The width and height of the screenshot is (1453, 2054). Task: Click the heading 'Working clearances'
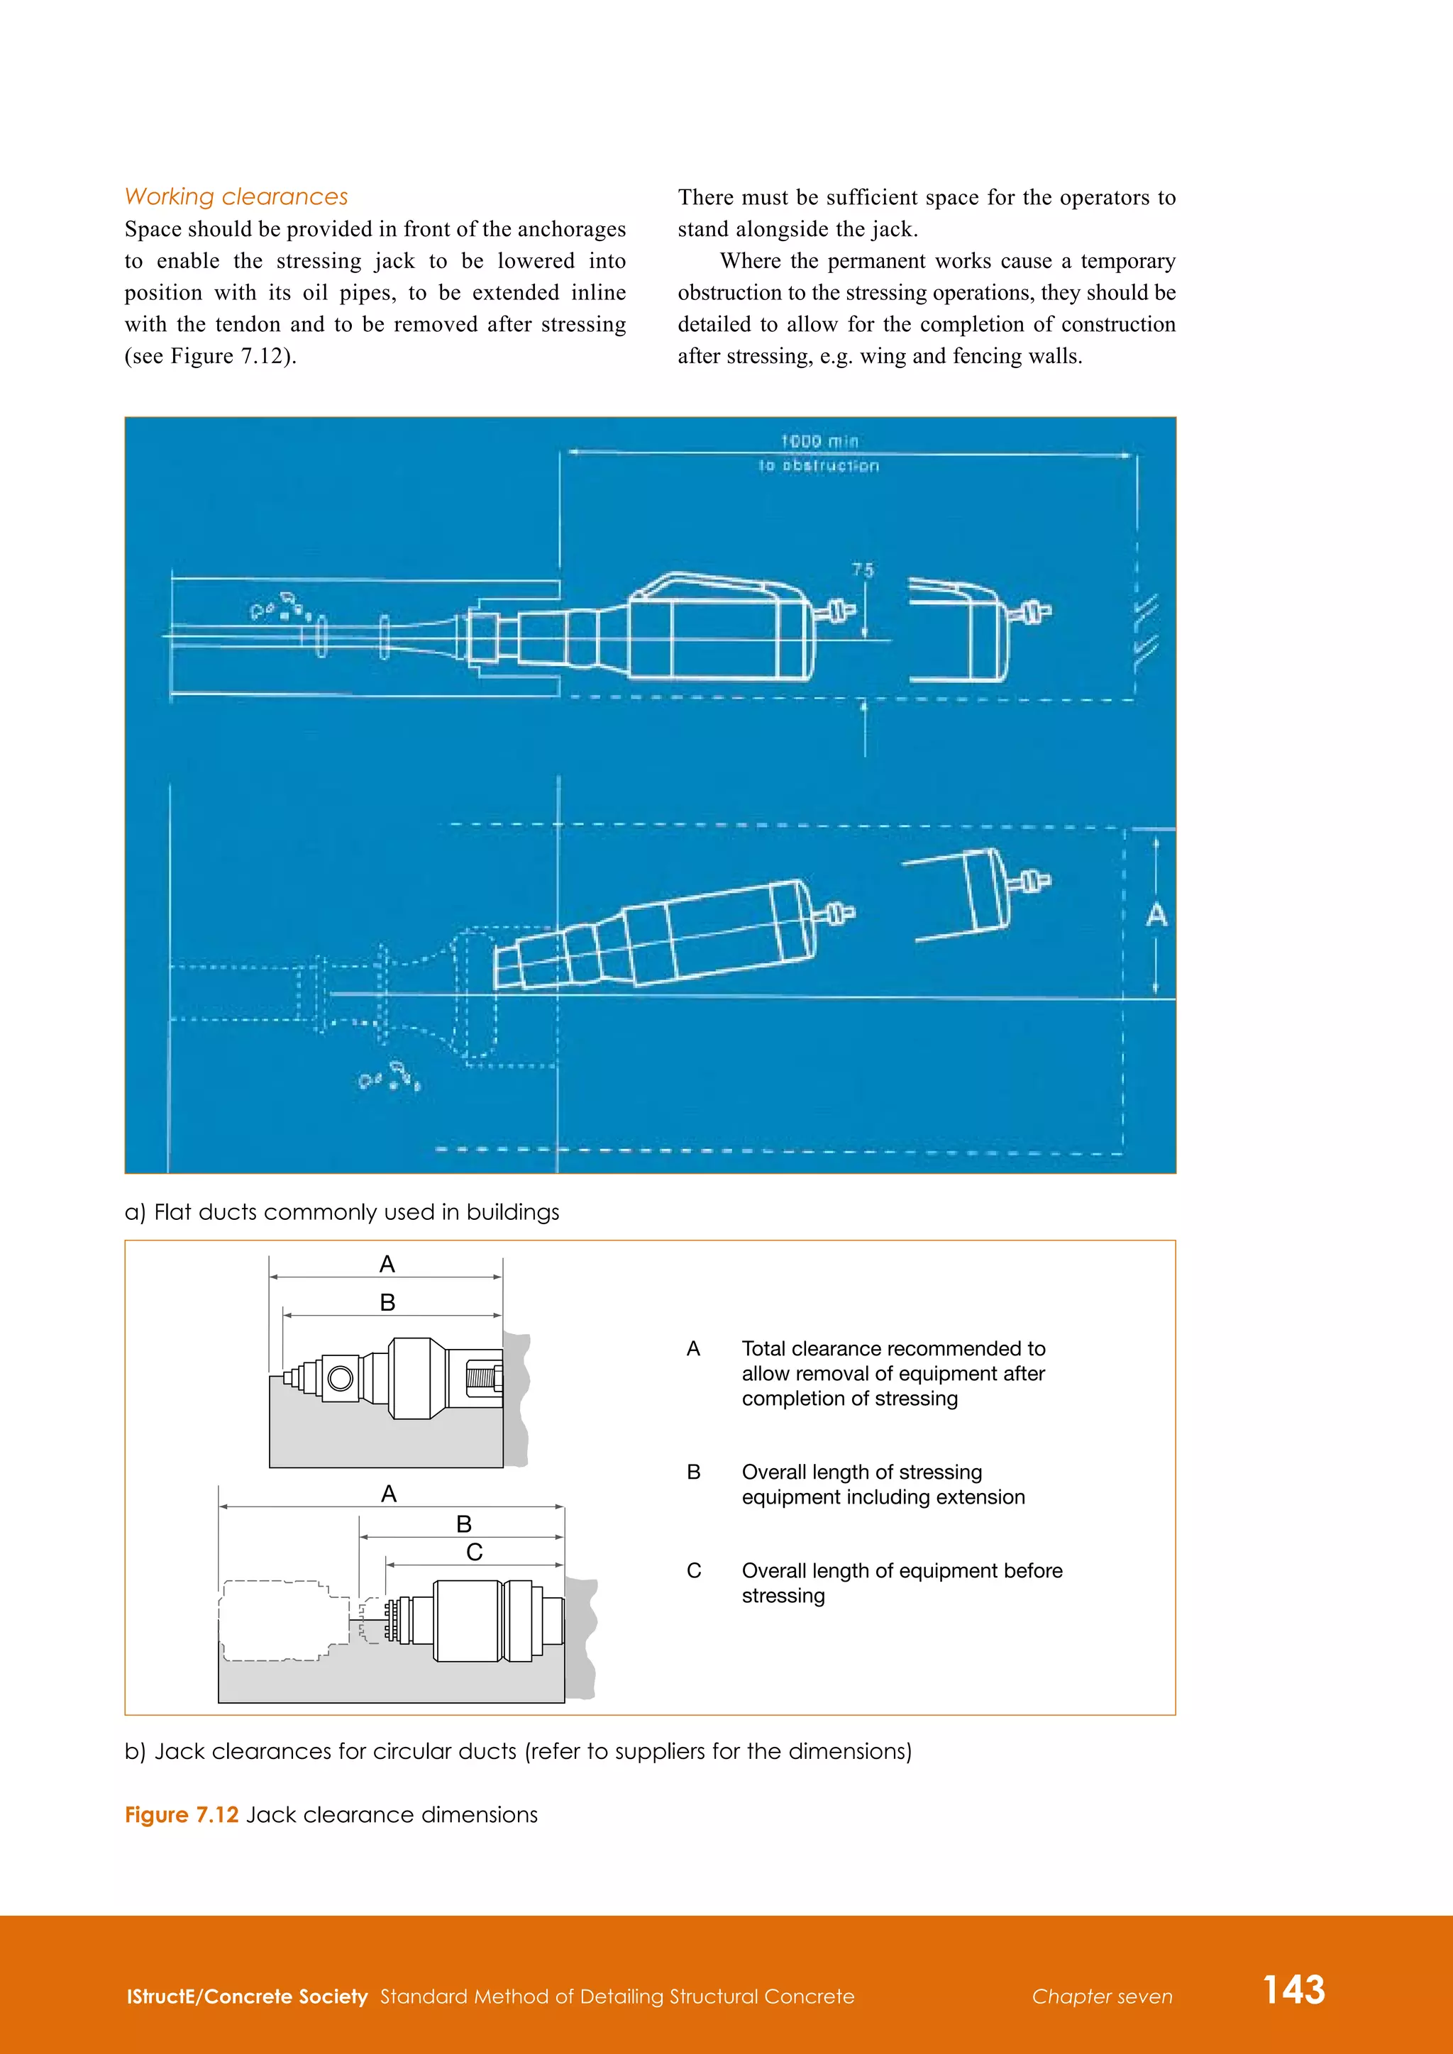click(x=236, y=196)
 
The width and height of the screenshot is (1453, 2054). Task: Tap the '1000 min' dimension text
click(x=819, y=441)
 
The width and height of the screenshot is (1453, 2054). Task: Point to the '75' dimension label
click(x=863, y=570)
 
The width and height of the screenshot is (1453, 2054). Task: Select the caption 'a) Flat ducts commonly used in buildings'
click(x=342, y=1212)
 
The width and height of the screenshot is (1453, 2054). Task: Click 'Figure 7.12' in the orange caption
click(x=182, y=1814)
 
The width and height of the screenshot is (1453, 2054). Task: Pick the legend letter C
click(x=693, y=1571)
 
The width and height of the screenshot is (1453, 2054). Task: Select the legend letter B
click(x=693, y=1472)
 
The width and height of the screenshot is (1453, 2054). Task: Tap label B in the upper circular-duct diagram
click(x=387, y=1302)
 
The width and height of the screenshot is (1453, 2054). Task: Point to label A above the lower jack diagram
click(x=388, y=1493)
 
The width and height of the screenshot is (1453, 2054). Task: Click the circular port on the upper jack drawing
click(x=340, y=1377)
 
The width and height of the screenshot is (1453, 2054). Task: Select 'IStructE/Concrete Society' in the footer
click(x=247, y=1997)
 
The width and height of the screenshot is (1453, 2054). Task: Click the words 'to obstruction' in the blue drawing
click(x=819, y=465)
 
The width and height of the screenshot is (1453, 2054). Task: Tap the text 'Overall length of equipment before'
click(x=902, y=1571)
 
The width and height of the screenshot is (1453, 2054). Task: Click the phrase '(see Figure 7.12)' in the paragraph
click(x=210, y=356)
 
